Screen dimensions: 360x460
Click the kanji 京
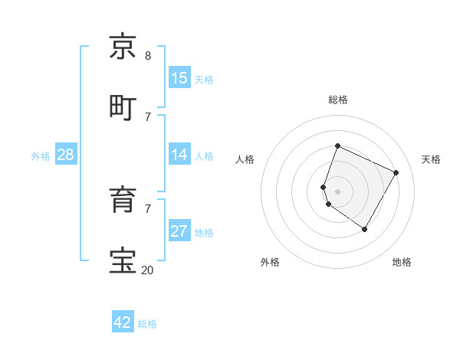pyautogui.click(x=123, y=47)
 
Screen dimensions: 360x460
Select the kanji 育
pyautogui.click(x=123, y=199)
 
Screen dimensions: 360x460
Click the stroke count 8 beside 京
pyautogui.click(x=148, y=56)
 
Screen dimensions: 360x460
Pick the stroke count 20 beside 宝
pyautogui.click(x=147, y=270)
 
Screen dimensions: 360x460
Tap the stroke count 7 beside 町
pyautogui.click(x=148, y=116)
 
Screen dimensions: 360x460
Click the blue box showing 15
pyautogui.click(x=179, y=78)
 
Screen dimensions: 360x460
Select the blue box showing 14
pyautogui.click(x=179, y=155)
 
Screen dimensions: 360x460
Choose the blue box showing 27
pyautogui.click(x=179, y=231)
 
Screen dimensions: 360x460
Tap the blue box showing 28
pyautogui.click(x=66, y=155)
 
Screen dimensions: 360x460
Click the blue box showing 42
pyautogui.click(x=123, y=322)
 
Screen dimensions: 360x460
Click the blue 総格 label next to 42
pyautogui.click(x=148, y=324)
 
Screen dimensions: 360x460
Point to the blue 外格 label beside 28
pyautogui.click(x=41, y=156)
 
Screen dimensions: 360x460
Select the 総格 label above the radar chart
pyautogui.click(x=338, y=100)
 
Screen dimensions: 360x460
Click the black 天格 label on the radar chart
pyautogui.click(x=431, y=159)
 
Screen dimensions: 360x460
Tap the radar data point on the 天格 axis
pyautogui.click(x=396, y=172)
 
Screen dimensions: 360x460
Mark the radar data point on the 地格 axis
pyautogui.click(x=365, y=229)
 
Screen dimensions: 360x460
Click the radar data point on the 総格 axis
pyautogui.click(x=337, y=146)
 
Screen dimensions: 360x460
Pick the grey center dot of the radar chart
pyautogui.click(x=337, y=191)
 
